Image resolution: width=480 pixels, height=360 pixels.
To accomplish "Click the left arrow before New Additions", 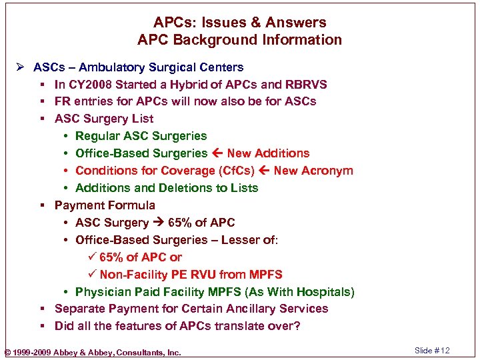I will click(217, 153).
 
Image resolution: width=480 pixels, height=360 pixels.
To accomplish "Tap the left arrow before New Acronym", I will click(264, 171).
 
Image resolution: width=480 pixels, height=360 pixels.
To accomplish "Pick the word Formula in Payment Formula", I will click(133, 205).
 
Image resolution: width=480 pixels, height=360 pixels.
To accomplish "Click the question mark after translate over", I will click(297, 326).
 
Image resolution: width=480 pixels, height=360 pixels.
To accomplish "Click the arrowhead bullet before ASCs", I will click(21, 67).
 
